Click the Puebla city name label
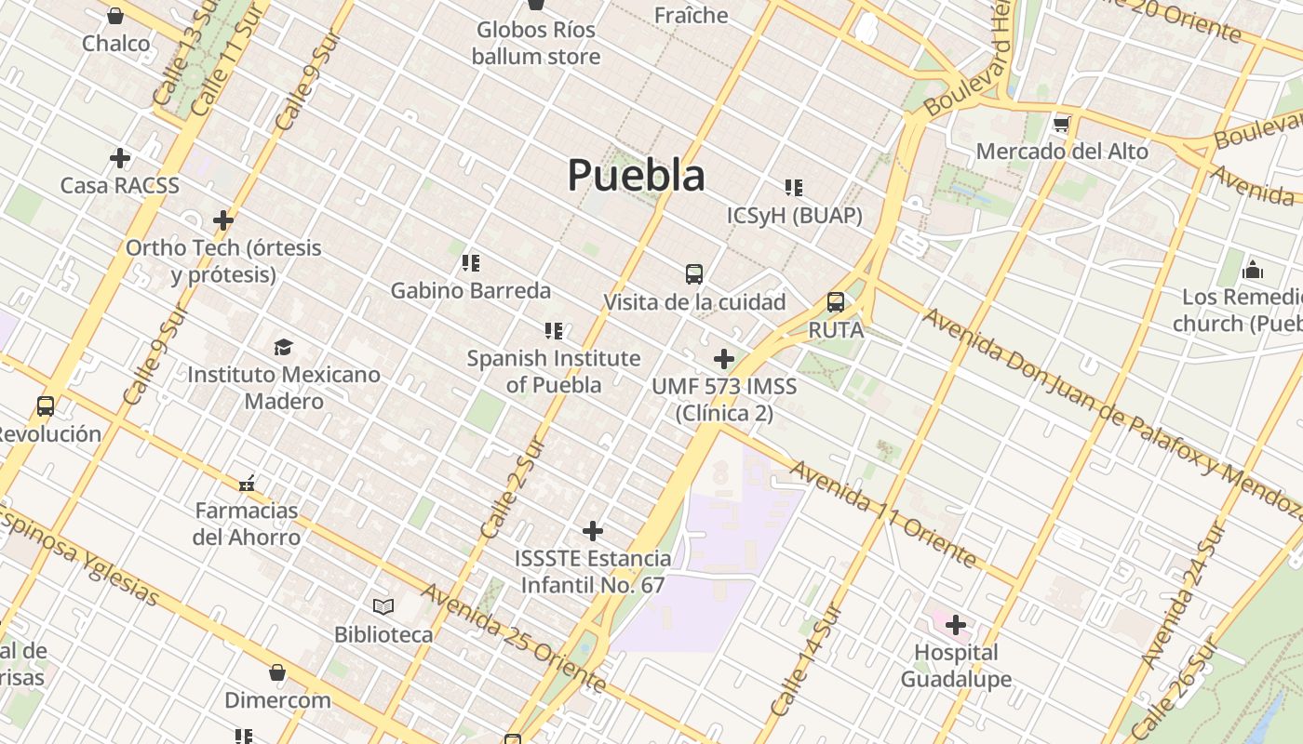click(x=636, y=175)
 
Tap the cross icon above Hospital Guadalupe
click(x=956, y=625)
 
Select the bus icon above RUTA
click(x=836, y=302)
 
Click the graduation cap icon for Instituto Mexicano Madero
click(x=283, y=348)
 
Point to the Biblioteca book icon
click(x=383, y=607)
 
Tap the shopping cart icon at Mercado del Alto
click(x=1061, y=124)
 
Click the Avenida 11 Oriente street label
click(x=883, y=512)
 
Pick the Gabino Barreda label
click(x=470, y=290)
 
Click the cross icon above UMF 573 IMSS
click(x=724, y=359)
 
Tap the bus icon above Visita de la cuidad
click(x=694, y=274)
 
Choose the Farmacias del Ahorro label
click(x=247, y=524)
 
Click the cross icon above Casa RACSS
click(x=120, y=158)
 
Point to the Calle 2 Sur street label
click(x=511, y=488)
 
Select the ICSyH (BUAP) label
click(x=794, y=216)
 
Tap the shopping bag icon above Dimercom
click(x=277, y=672)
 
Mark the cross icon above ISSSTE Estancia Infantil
click(x=593, y=531)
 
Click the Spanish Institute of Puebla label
click(x=554, y=371)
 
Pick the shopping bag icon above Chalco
click(x=115, y=16)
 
